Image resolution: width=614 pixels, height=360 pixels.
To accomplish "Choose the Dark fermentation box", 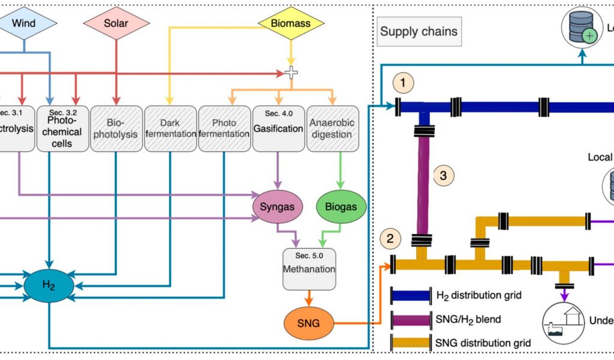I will (170, 129).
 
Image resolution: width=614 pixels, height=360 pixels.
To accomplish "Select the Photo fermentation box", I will (224, 129).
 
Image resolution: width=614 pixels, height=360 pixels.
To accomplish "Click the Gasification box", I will (278, 129).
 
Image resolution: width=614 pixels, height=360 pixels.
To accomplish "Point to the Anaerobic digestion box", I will (332, 129).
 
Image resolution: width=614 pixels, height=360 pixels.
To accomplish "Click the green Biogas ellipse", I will (341, 206).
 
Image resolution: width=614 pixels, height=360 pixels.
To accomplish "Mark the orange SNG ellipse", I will (308, 324).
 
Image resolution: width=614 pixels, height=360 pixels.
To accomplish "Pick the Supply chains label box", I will (419, 31).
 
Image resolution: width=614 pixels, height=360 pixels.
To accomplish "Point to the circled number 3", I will (443, 176).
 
